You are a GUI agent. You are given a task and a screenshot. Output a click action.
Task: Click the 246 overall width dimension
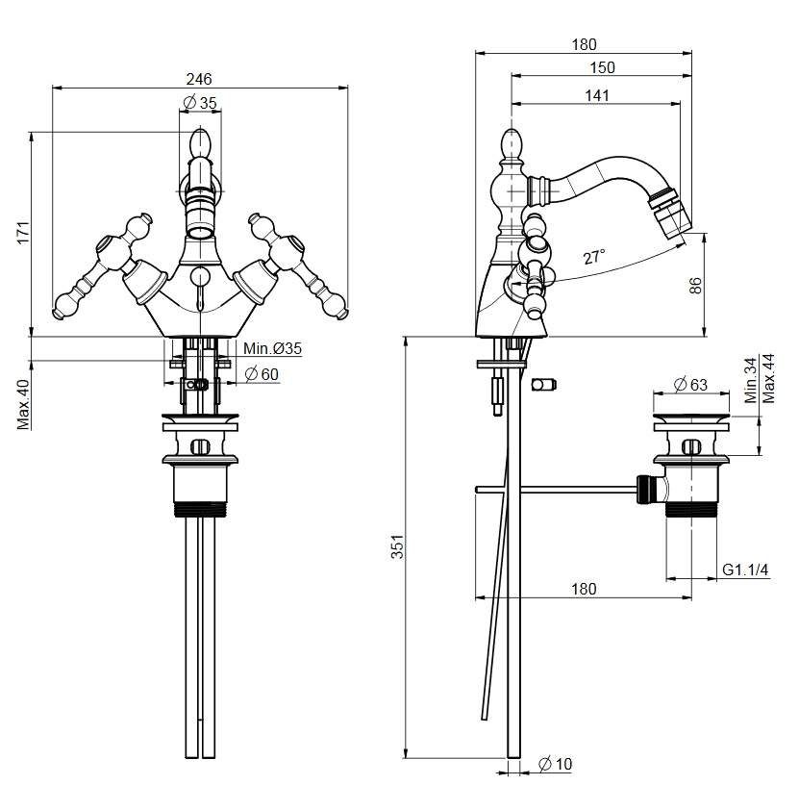point(199,78)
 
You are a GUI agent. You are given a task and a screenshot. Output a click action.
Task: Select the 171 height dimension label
point(25,233)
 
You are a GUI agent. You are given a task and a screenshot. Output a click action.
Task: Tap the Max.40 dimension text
point(25,405)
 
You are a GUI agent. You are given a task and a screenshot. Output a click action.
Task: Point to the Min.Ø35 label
point(272,349)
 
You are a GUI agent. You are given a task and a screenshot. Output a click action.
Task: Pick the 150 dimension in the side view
point(603,67)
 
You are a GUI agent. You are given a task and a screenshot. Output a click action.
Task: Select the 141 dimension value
point(598,94)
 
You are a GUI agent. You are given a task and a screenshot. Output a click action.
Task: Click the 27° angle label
point(594,257)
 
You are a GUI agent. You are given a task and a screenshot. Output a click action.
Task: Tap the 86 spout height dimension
point(697,285)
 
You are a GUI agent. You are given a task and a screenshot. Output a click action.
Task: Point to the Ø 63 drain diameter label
point(689,385)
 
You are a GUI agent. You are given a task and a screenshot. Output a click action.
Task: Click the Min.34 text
point(750,378)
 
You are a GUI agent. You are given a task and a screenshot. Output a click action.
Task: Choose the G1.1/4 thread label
point(746,570)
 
